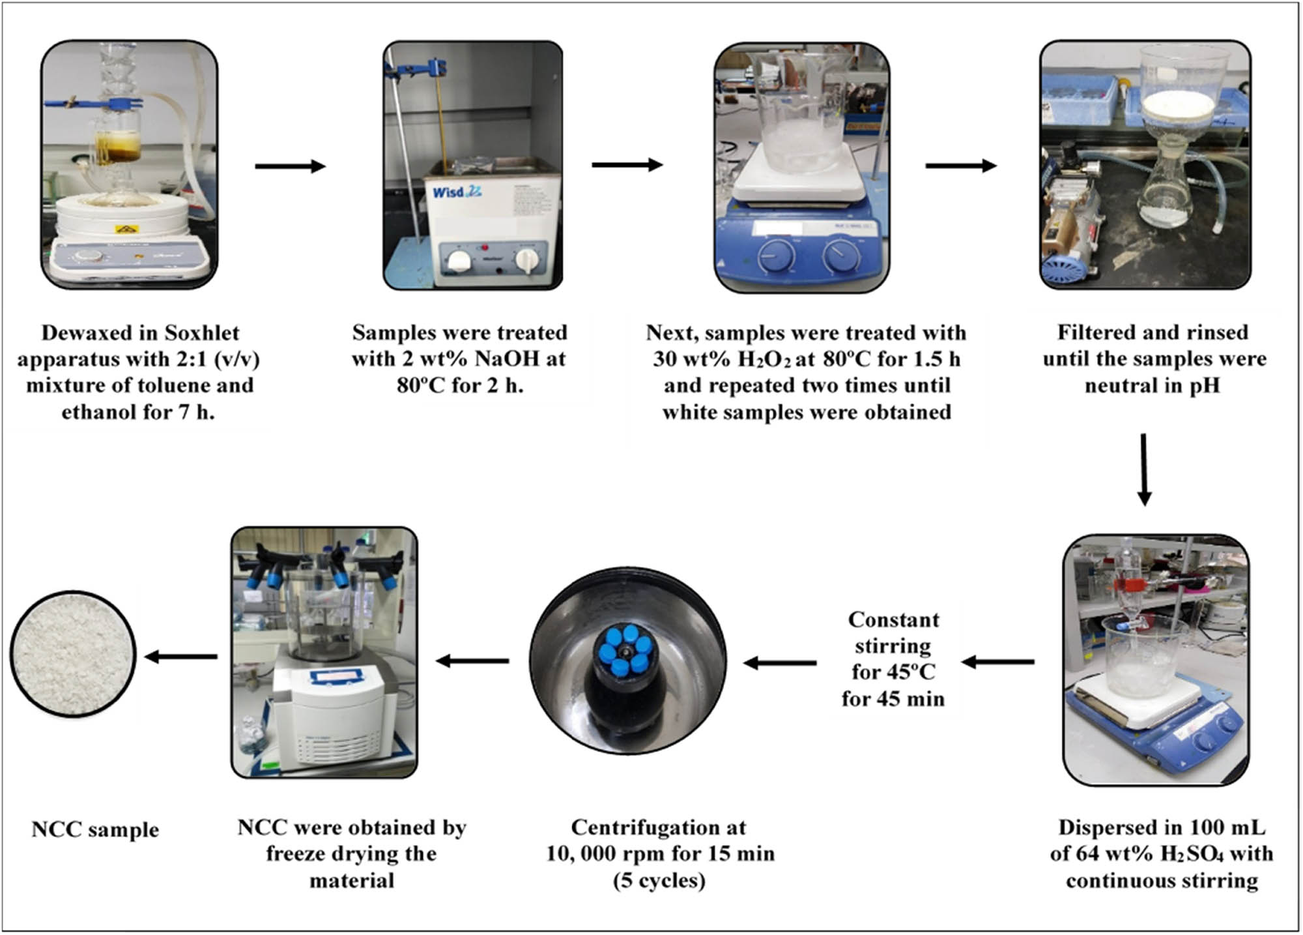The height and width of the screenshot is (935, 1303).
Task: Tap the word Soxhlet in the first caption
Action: pyautogui.click(x=202, y=333)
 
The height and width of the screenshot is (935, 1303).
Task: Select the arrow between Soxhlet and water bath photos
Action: pyautogui.click(x=290, y=166)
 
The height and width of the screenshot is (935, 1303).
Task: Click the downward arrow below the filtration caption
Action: pyautogui.click(x=1144, y=469)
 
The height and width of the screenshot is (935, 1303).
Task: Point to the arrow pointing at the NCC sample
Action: pyautogui.click(x=180, y=657)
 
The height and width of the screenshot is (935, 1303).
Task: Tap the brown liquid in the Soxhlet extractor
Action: pyautogui.click(x=118, y=145)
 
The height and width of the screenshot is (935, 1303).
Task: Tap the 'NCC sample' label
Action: pyautogui.click(x=95, y=829)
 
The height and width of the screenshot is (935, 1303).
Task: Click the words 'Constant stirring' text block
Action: pyautogui.click(x=893, y=632)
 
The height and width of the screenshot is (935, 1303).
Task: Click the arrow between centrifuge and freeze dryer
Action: pyautogui.click(x=472, y=661)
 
